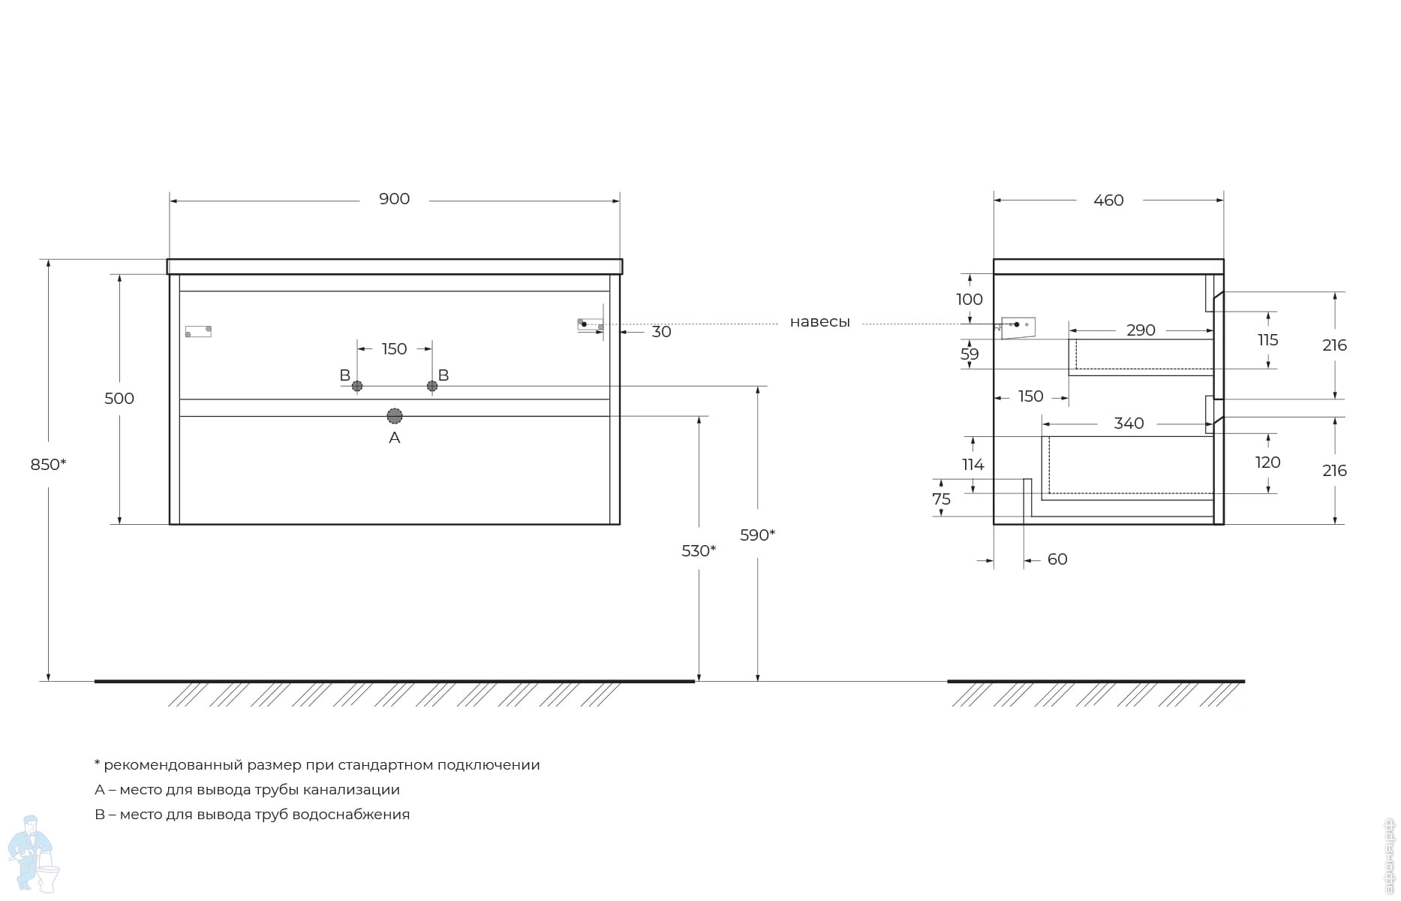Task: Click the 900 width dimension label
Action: click(394, 199)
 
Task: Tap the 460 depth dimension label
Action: click(1108, 200)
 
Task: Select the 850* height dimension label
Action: click(48, 465)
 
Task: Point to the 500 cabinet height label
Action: click(119, 399)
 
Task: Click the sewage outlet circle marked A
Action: click(395, 416)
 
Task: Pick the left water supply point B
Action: click(357, 386)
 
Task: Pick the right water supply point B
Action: click(432, 386)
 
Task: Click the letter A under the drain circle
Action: click(395, 438)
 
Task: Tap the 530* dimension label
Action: click(699, 551)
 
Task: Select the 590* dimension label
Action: click(757, 535)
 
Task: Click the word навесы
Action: click(819, 322)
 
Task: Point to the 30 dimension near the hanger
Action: click(661, 332)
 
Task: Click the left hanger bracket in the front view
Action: click(198, 331)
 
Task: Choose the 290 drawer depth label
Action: click(1141, 330)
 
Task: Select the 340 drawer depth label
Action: click(1129, 423)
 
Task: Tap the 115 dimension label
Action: click(1267, 340)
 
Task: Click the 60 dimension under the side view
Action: click(1057, 559)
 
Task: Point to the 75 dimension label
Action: click(941, 499)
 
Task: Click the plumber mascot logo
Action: click(34, 854)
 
